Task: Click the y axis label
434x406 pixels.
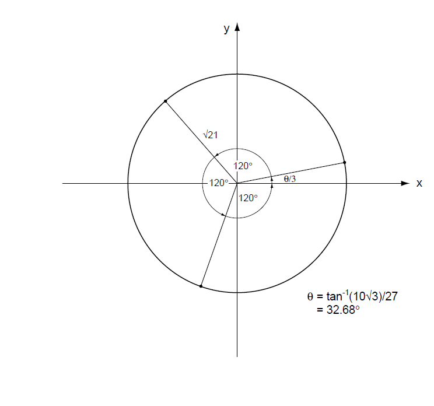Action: (x=227, y=29)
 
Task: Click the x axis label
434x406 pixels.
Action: (x=419, y=183)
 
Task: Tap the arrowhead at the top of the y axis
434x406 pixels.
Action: (x=237, y=27)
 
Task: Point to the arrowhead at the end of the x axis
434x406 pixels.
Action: (x=405, y=183)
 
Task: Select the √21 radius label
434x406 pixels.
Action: (x=211, y=135)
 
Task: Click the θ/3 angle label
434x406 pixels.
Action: (x=290, y=178)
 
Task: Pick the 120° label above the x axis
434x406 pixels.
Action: (x=243, y=166)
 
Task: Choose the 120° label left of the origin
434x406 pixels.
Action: (x=219, y=183)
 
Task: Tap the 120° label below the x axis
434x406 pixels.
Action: (x=248, y=198)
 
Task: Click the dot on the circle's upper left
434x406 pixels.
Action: (x=166, y=101)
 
